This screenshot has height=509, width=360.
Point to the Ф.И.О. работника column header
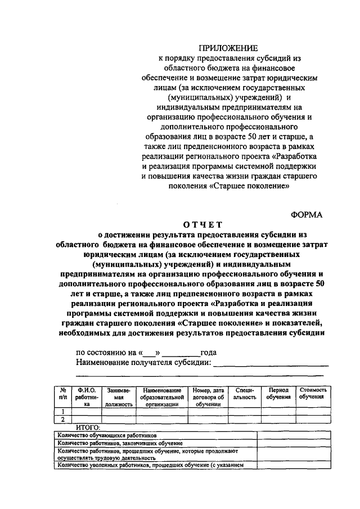(x=86, y=396)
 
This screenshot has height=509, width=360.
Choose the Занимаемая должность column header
(x=118, y=396)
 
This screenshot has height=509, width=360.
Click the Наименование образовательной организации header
(x=161, y=396)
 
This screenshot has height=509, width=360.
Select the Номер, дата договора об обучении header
(x=208, y=396)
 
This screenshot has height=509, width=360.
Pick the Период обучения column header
(x=278, y=393)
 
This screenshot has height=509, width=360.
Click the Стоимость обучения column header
(x=314, y=393)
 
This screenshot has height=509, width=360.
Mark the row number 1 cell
(x=63, y=411)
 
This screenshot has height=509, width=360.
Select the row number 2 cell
(x=63, y=419)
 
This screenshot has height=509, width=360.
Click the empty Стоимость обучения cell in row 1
(x=314, y=411)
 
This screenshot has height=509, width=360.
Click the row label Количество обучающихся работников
(x=107, y=435)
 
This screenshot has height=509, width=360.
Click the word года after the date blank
(x=208, y=353)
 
